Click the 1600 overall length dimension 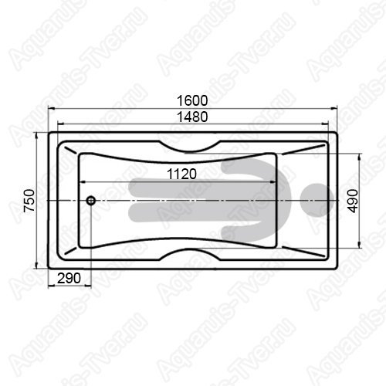point(192,100)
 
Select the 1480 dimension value point(192,117)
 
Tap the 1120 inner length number point(181,174)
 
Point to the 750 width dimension point(29,201)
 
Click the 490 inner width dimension point(353,201)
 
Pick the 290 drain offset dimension point(69,278)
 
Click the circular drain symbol point(91,200)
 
